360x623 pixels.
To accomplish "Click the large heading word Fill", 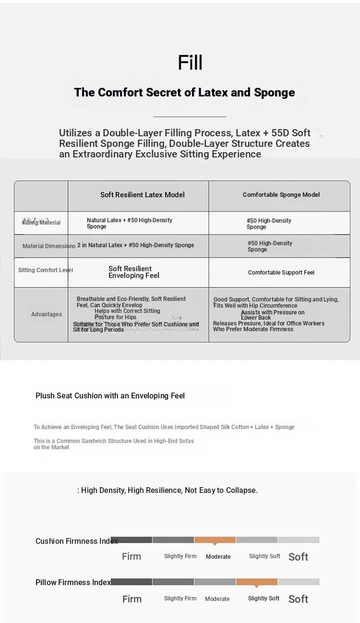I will [190, 63].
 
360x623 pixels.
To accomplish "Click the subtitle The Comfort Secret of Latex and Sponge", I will [184, 92].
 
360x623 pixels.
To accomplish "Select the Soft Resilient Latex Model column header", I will [142, 194].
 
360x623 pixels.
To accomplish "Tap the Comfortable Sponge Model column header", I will [281, 194].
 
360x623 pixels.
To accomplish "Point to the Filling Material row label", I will [41, 222].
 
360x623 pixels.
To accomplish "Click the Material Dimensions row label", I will [48, 246].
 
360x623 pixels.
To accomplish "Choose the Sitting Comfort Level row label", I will [45, 270].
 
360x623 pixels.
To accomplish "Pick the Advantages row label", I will [47, 314].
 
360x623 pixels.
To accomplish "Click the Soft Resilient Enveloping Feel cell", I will [133, 272].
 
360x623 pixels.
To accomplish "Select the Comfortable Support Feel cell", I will [281, 273].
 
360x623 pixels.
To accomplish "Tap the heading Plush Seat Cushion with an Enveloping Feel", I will [110, 396].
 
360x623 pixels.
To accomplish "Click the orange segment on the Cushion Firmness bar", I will [215, 540].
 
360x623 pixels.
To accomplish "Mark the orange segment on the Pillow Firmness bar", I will [256, 582].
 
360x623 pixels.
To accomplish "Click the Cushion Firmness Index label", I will [76, 541].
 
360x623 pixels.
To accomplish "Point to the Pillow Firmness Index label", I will [73, 582].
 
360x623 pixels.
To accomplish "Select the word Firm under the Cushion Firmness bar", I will [131, 556].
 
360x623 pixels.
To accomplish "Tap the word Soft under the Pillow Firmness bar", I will [298, 599].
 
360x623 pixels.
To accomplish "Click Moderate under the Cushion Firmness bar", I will [218, 557].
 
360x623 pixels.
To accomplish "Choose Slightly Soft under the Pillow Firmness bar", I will [264, 599].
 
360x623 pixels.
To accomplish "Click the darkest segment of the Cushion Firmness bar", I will [131, 540].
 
